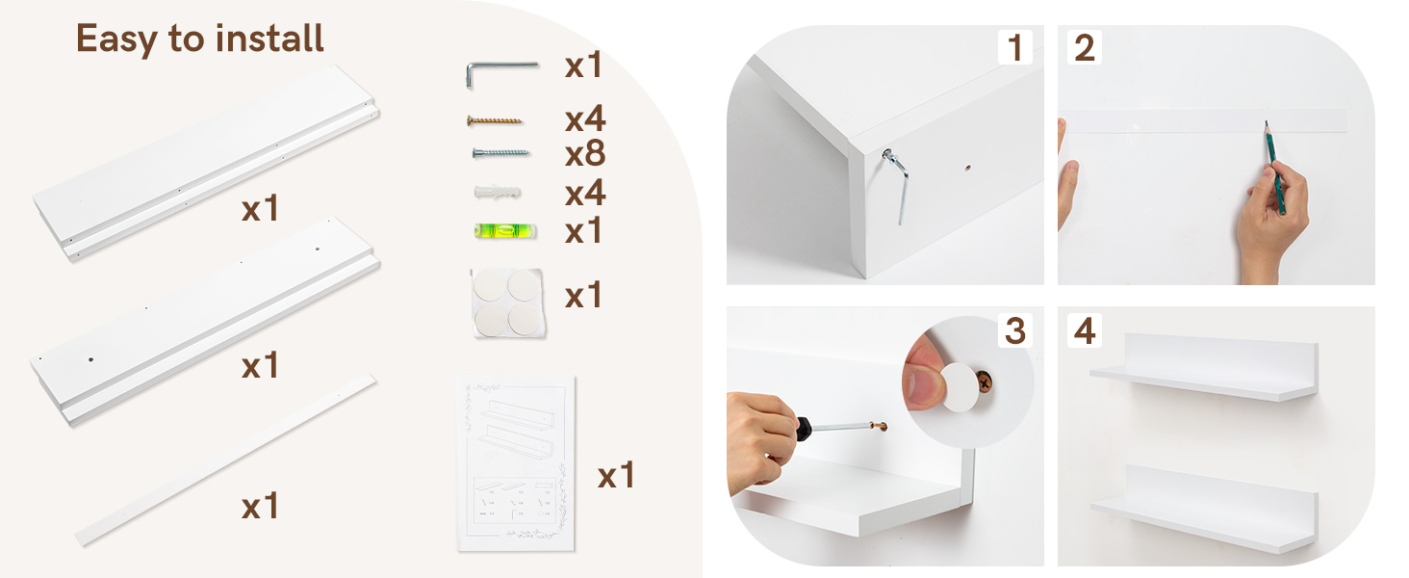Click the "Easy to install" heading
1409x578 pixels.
click(200, 39)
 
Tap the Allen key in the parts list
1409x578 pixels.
click(500, 69)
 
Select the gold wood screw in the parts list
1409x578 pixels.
click(495, 120)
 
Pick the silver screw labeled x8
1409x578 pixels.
click(500, 152)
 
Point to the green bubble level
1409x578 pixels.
click(504, 230)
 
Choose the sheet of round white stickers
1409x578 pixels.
click(506, 302)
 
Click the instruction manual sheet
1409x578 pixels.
click(516, 462)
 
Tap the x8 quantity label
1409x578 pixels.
click(584, 153)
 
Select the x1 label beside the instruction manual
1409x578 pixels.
click(616, 476)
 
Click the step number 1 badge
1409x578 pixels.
click(1014, 48)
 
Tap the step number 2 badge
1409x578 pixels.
click(1085, 48)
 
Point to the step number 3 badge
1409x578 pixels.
click(1014, 330)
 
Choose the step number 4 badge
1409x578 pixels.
click(1085, 330)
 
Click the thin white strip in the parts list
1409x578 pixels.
click(225, 460)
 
